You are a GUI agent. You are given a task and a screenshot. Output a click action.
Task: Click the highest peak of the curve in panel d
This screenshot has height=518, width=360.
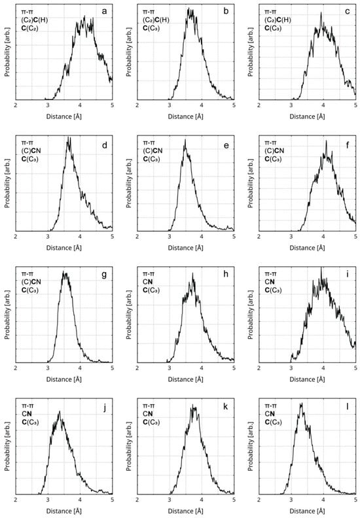pos(69,139)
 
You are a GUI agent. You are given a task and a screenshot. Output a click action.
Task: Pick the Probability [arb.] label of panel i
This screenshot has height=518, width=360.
pos(251,314)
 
